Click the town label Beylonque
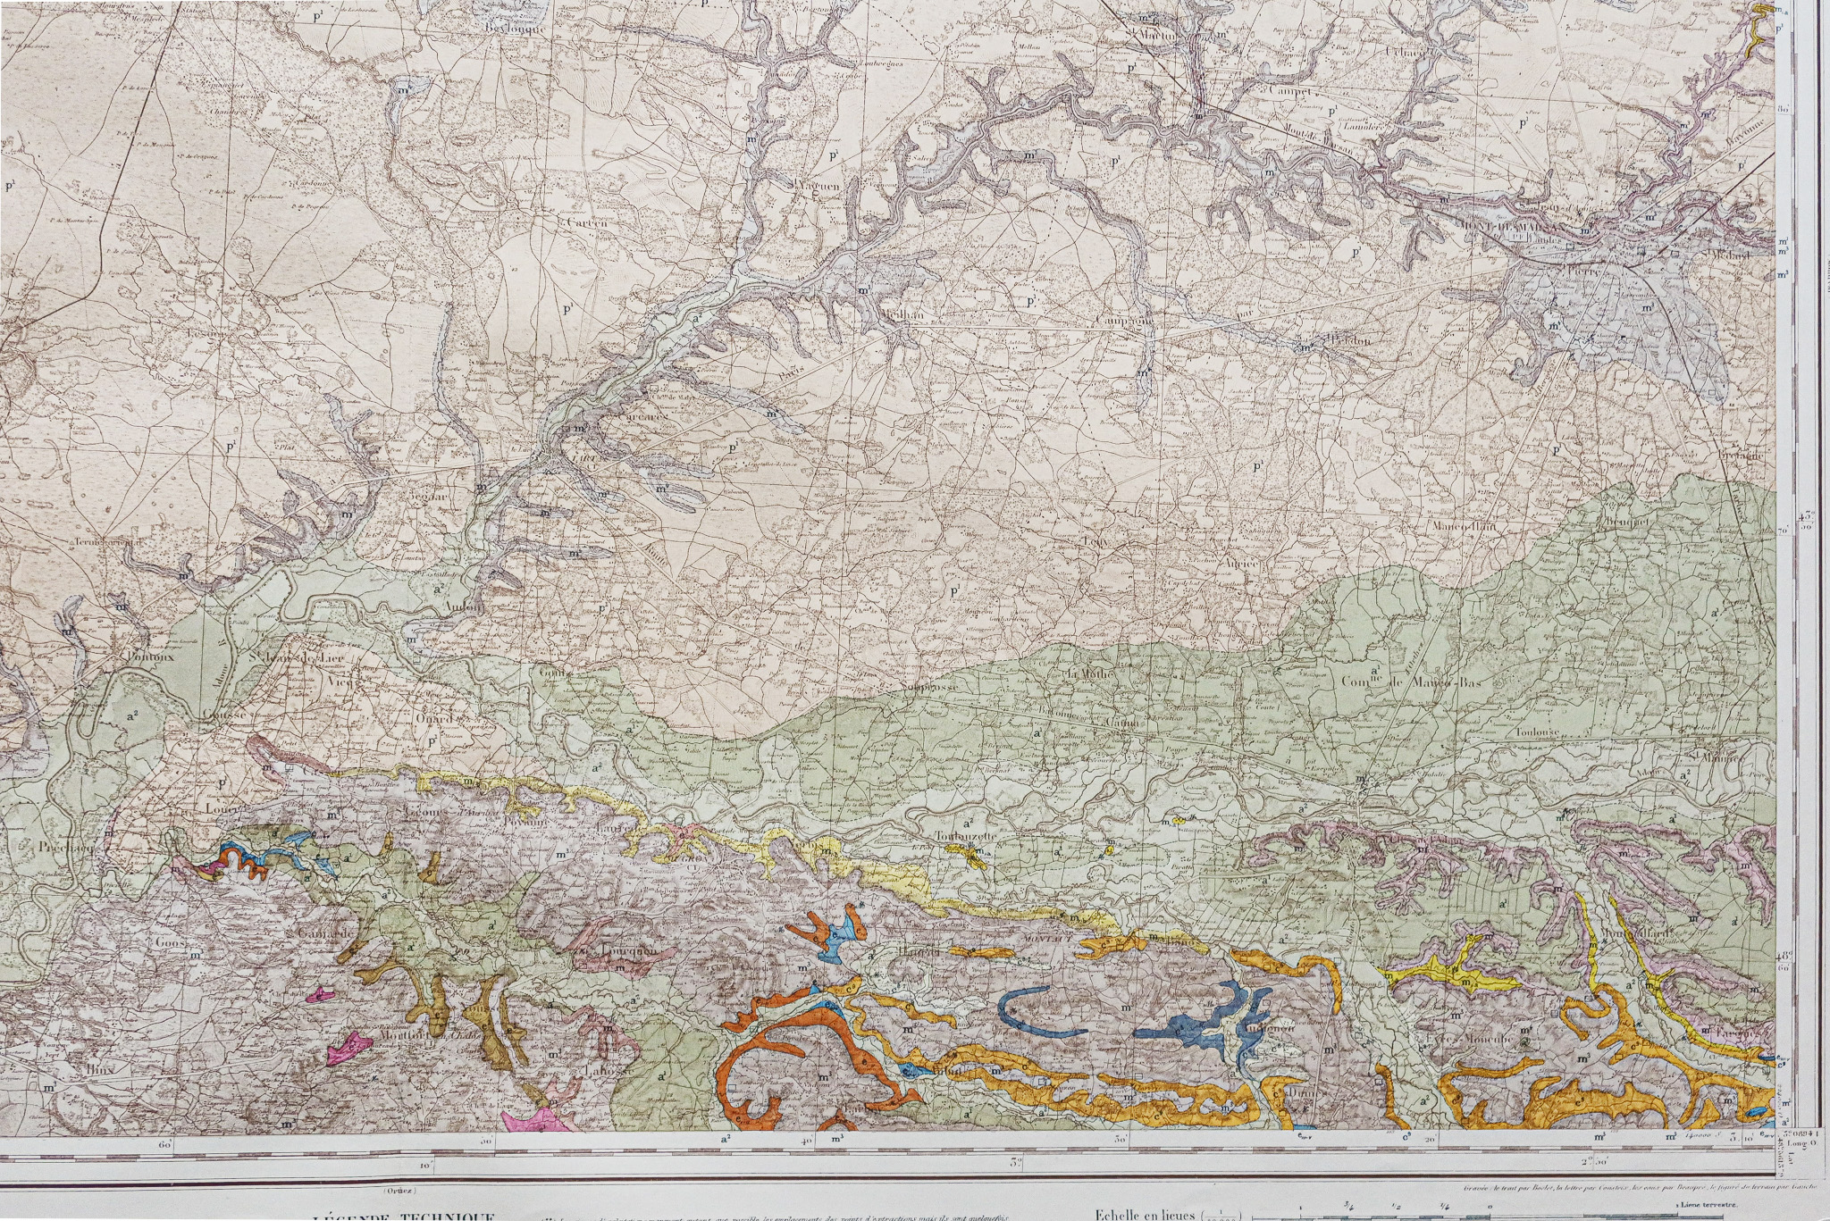point(514,27)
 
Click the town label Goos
point(169,942)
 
